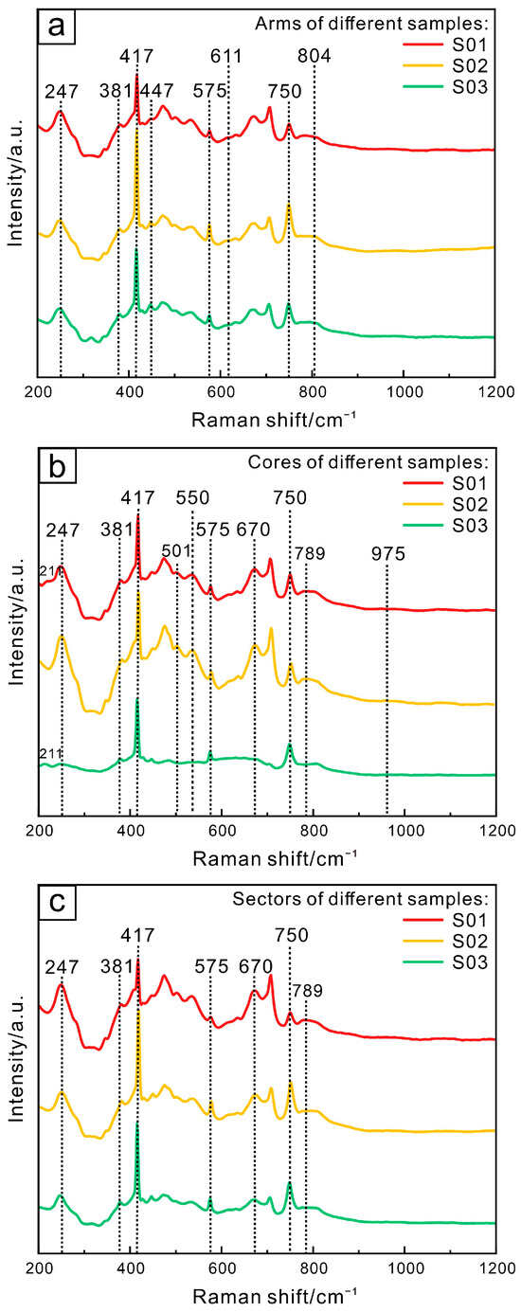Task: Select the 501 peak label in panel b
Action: [x=177, y=550]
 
